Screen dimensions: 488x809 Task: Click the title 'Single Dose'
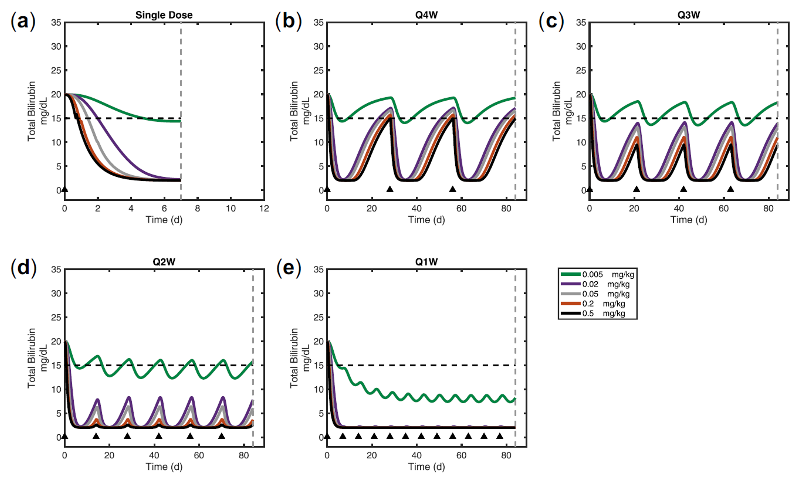[164, 15]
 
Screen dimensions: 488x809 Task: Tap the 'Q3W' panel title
[688, 15]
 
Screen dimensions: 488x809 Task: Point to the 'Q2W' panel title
[164, 262]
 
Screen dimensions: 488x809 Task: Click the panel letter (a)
[23, 22]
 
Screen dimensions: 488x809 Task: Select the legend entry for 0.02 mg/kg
[596, 284]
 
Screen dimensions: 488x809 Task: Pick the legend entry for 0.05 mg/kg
[596, 294]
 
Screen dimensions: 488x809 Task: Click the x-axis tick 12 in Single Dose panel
[264, 209]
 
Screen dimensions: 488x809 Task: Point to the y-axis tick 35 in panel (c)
[581, 23]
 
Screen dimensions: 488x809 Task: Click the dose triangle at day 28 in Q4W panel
[390, 189]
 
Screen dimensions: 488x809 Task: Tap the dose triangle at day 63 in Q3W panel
[731, 189]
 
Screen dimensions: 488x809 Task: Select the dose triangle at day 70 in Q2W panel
[222, 436]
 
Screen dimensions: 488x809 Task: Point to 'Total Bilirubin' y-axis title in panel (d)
[31, 358]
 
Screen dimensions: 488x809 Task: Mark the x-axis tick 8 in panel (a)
[197, 209]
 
